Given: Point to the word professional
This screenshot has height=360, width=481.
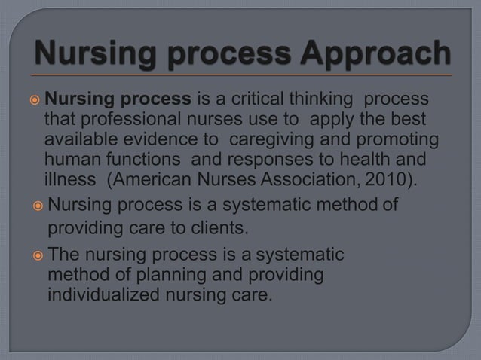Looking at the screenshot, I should click(x=115, y=120).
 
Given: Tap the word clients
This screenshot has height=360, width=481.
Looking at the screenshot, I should click(x=219, y=227).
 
